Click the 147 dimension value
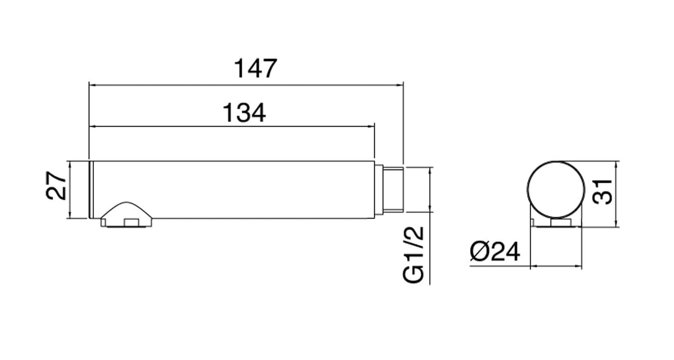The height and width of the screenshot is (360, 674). (x=255, y=69)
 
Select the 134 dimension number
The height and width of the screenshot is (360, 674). (x=244, y=113)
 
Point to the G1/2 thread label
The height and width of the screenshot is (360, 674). (x=413, y=254)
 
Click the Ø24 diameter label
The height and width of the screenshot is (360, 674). (x=494, y=252)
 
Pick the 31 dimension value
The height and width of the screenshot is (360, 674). (x=602, y=191)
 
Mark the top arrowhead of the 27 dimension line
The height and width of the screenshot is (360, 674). (x=69, y=164)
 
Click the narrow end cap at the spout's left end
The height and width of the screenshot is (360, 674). (x=91, y=189)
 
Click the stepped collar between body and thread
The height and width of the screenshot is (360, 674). (x=379, y=189)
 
